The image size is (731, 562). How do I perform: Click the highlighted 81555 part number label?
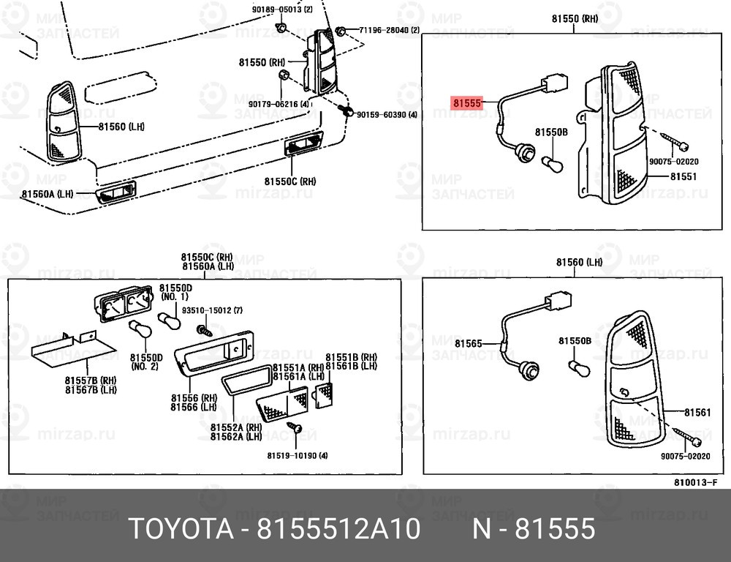point(466,103)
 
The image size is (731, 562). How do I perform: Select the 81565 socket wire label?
point(468,343)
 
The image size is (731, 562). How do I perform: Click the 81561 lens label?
point(697,413)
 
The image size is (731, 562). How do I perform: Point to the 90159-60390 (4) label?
point(387,114)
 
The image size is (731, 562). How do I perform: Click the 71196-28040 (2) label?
point(389,30)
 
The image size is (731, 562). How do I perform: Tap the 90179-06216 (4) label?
point(279,105)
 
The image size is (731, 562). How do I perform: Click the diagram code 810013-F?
point(695,482)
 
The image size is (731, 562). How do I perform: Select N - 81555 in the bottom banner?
point(534,528)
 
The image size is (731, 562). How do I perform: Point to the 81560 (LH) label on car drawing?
point(121,127)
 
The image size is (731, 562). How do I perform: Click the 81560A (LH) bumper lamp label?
point(47,194)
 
